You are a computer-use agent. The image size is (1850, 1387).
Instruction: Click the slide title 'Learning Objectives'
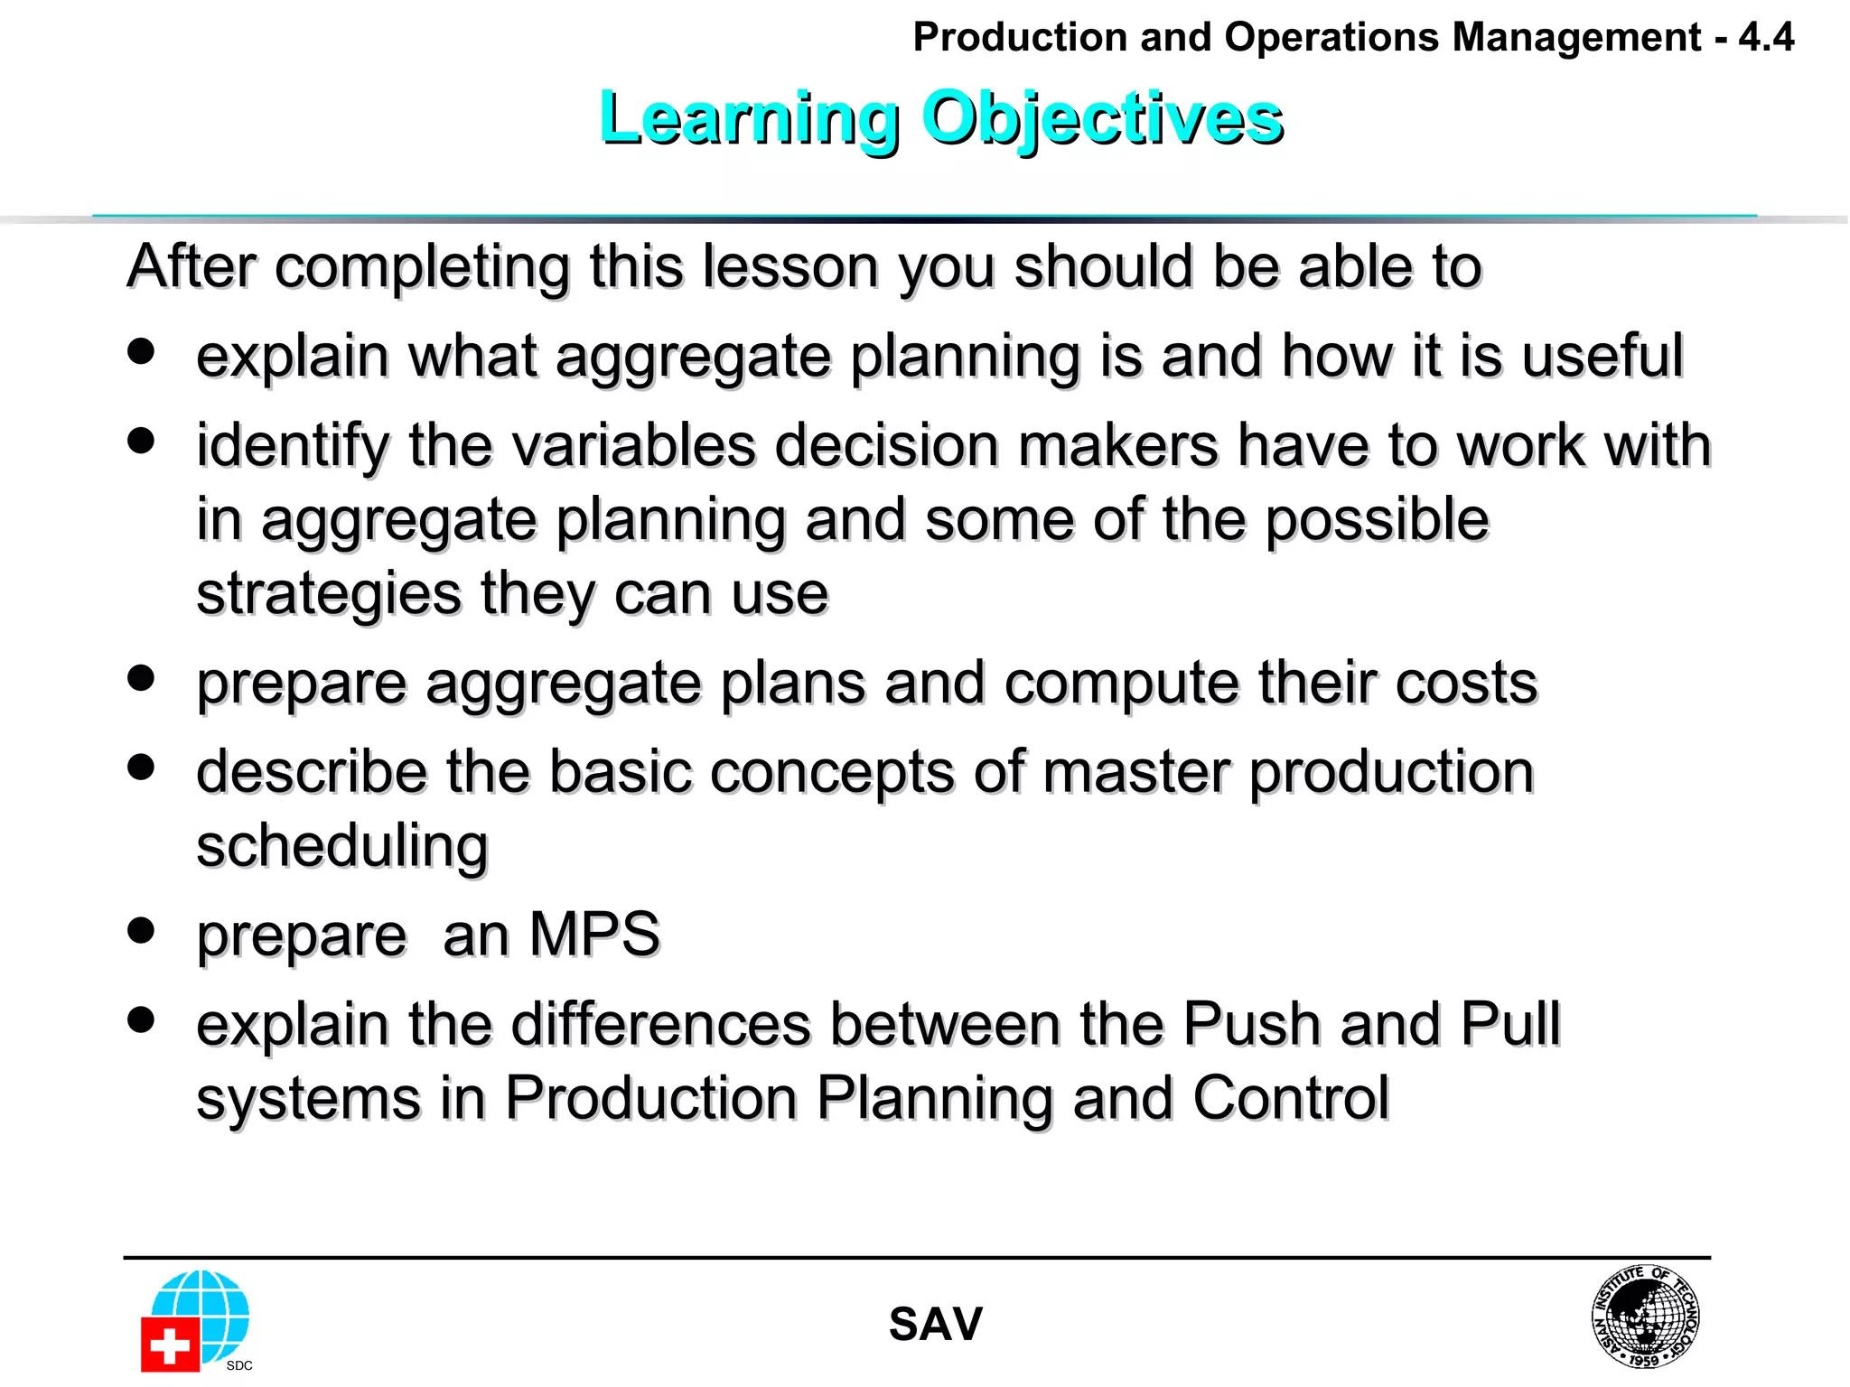point(940,119)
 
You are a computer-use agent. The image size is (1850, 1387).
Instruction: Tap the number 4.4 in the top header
point(1766,38)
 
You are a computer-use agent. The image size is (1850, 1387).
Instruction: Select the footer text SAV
point(935,1325)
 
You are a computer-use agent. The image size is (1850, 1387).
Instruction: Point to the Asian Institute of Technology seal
point(1644,1316)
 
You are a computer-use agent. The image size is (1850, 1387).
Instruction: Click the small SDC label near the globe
point(239,1365)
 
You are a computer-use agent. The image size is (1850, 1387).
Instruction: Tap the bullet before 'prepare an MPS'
point(141,930)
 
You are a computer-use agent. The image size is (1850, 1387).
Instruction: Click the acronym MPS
point(594,935)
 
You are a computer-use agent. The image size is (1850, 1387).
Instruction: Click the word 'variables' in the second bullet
point(582,446)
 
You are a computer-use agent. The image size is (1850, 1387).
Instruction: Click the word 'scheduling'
point(342,847)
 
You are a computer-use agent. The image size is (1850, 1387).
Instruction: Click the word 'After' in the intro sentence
point(192,267)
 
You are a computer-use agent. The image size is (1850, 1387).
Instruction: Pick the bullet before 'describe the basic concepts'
point(141,768)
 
